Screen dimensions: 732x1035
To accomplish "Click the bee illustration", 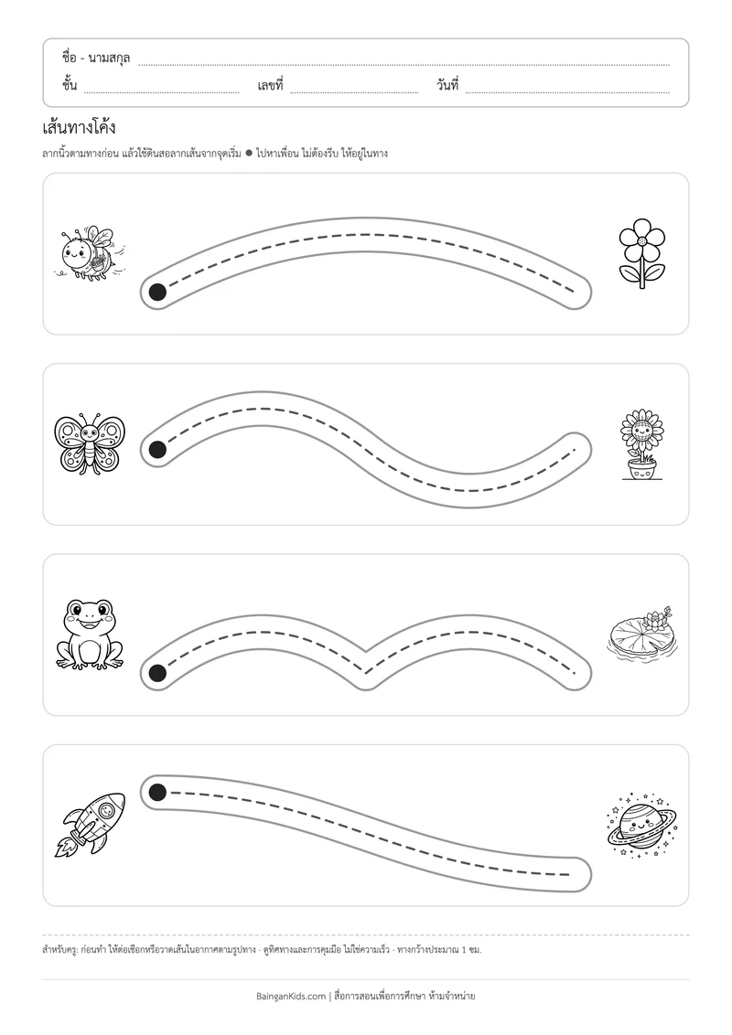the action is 89,252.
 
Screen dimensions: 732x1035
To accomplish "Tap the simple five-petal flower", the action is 641,253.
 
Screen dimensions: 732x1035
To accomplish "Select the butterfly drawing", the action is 89,443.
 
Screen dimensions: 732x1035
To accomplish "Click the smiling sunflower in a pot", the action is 641,444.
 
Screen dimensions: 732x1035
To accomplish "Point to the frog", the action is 89,635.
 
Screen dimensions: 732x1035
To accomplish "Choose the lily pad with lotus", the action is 641,635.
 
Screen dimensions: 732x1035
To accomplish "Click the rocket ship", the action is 89,825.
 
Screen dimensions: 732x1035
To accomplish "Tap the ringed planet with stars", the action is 641,825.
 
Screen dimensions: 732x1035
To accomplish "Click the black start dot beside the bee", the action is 157,292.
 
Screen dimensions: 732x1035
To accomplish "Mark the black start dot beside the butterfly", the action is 157,450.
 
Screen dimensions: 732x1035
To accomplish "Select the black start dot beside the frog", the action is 157,673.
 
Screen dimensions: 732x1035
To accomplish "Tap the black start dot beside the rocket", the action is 157,792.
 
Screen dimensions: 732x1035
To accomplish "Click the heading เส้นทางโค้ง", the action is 79,126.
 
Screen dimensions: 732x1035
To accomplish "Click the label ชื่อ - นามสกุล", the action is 96,59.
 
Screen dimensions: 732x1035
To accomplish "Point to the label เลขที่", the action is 270,85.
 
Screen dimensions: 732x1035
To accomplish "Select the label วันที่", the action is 447,85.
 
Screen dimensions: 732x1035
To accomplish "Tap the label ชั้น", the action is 70,85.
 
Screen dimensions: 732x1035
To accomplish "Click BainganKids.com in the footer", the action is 291,996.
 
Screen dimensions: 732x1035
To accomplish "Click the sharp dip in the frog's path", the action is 366,662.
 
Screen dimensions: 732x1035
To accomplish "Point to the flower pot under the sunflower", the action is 641,469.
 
